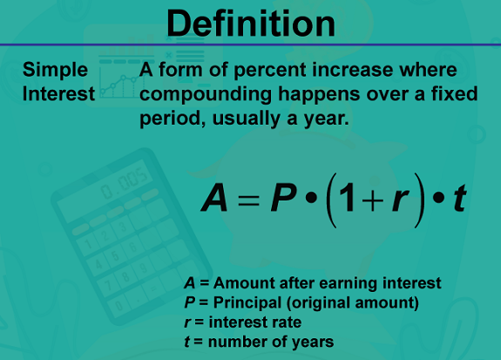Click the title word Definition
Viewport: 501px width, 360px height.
(x=251, y=24)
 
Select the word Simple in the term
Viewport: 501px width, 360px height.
(x=55, y=71)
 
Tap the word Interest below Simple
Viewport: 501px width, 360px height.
(x=58, y=93)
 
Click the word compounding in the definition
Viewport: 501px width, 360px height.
(x=206, y=95)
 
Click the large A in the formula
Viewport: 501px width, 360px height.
(x=214, y=198)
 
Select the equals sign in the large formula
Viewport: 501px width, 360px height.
(x=248, y=200)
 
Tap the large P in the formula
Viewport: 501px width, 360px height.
(x=283, y=198)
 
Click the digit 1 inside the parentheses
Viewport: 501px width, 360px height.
(x=347, y=198)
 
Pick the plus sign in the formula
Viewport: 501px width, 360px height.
(x=373, y=200)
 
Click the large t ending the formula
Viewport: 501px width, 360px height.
(x=460, y=198)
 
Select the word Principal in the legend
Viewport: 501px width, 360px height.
(x=247, y=303)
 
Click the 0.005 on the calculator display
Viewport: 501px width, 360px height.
(x=125, y=183)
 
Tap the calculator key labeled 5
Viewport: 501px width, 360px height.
(x=115, y=256)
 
